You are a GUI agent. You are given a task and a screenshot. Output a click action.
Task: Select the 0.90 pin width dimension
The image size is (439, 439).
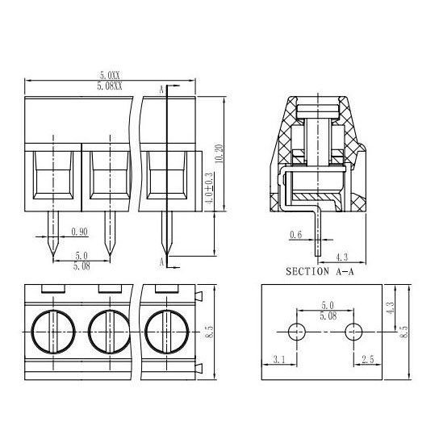pos(80,232)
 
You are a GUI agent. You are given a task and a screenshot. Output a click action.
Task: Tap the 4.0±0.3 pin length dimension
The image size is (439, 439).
pos(210,191)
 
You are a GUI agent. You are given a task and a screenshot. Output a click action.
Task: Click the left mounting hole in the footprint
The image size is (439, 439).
pos(296,332)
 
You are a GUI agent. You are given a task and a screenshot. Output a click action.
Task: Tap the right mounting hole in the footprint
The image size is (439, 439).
pos(353,332)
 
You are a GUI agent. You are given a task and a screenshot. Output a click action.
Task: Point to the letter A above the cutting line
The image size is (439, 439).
pos(161,89)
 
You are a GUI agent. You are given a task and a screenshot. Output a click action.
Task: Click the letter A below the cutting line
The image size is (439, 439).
pos(161,262)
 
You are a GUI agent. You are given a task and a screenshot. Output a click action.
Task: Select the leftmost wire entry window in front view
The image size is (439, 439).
pos(53,176)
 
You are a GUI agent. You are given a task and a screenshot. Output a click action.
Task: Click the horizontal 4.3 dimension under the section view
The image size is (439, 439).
pos(341,257)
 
